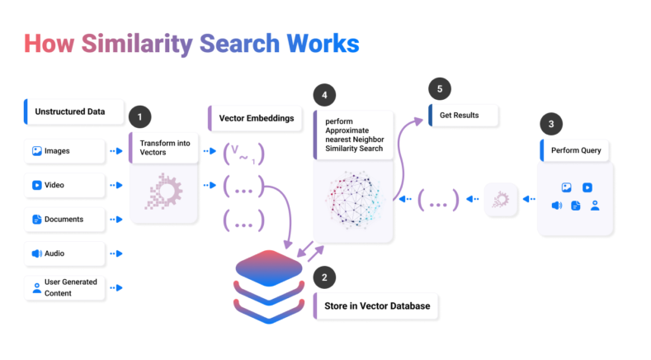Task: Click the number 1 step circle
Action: [140, 116]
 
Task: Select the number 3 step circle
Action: [550, 125]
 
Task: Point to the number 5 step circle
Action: [440, 88]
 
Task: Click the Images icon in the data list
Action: [37, 151]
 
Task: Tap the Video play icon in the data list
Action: [37, 185]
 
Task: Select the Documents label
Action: [64, 219]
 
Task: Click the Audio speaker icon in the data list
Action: [37, 253]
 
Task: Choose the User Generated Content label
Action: [70, 287]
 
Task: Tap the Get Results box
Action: [463, 115]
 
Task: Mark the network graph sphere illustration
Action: [354, 199]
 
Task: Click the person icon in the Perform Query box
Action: [595, 205]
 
